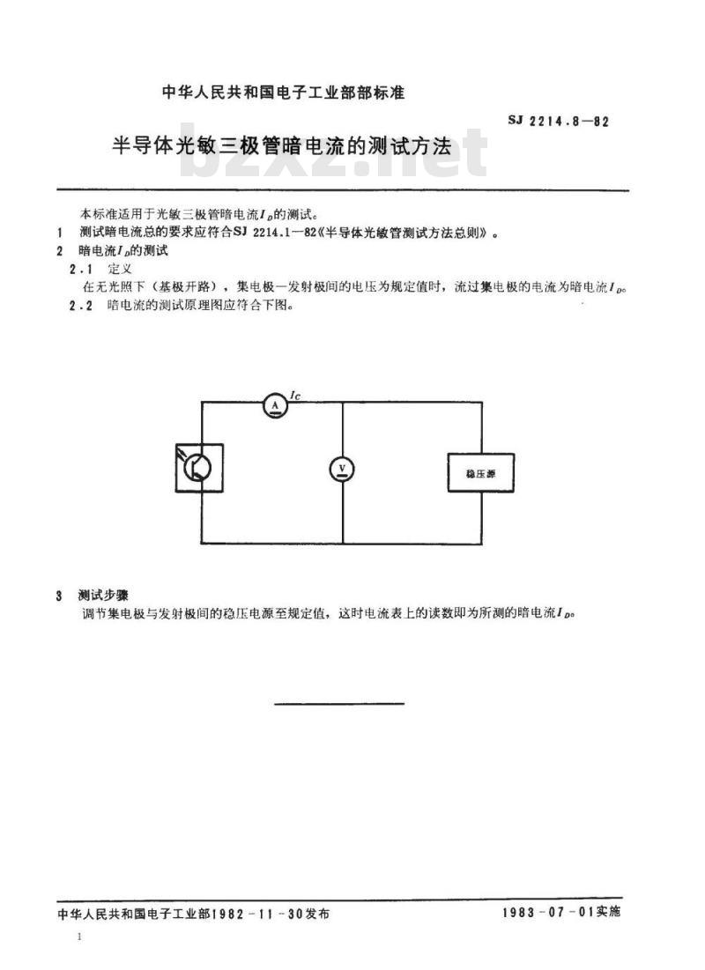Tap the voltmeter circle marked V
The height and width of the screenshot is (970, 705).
click(x=342, y=470)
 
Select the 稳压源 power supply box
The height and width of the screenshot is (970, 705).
click(x=481, y=473)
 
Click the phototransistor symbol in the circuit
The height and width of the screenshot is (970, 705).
click(x=199, y=468)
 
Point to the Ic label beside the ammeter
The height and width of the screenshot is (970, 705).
click(x=294, y=396)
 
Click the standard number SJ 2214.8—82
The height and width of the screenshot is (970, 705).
click(x=559, y=121)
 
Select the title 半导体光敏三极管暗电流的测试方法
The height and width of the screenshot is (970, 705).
click(x=281, y=146)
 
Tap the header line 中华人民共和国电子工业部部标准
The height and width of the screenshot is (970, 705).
click(x=283, y=93)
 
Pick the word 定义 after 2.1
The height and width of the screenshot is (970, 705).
click(x=120, y=269)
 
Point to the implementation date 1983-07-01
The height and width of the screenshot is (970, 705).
click(x=548, y=911)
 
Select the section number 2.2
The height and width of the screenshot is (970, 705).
click(x=81, y=306)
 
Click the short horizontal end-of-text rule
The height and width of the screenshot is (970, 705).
click(x=338, y=703)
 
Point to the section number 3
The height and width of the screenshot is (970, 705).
click(x=59, y=596)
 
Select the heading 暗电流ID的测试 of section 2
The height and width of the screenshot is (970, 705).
click(x=123, y=250)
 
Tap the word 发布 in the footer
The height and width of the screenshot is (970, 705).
click(x=317, y=913)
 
